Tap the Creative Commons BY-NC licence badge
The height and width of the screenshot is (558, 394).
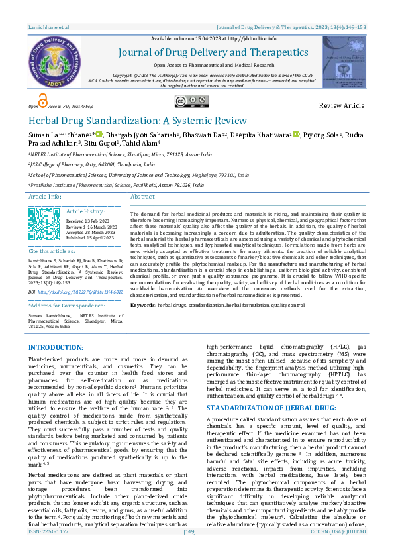[188, 101]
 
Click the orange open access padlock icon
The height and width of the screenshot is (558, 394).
[43, 101]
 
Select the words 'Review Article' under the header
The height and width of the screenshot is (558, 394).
[341, 106]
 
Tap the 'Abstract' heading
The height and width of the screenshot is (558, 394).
[143, 197]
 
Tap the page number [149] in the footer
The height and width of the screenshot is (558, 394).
[189, 550]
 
